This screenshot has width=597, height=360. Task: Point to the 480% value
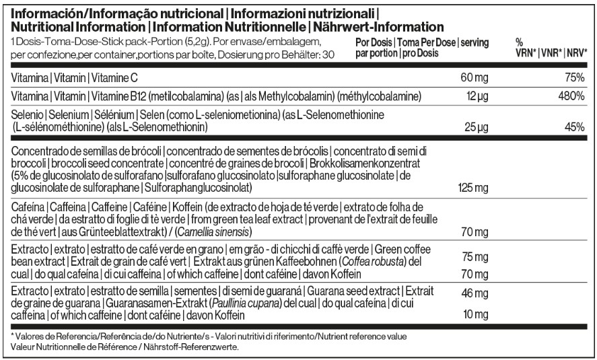[570, 95]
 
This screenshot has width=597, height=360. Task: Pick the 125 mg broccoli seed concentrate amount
[471, 186]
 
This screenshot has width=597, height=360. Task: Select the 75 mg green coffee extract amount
[473, 258]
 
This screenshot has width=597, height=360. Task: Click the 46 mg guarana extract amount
[473, 293]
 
